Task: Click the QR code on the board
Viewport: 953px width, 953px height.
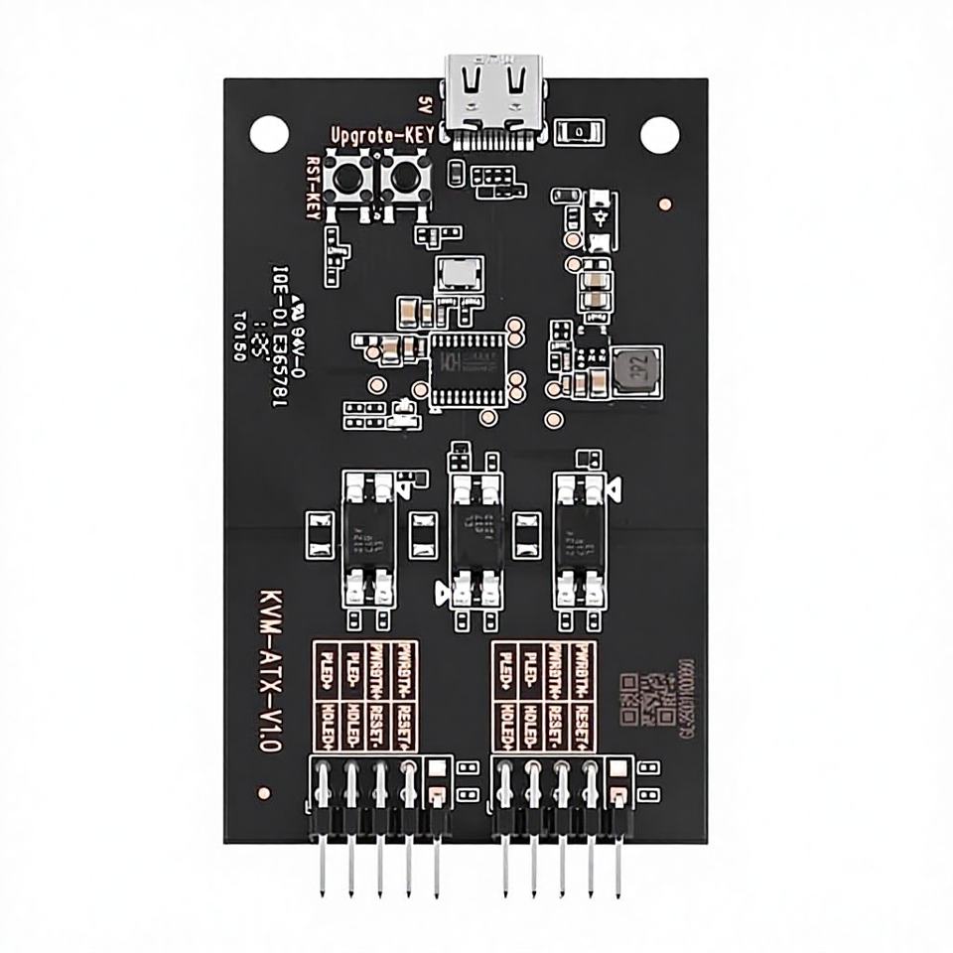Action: pos(644,699)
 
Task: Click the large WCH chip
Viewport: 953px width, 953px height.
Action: pos(467,364)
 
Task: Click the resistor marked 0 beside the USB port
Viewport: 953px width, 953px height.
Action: pos(577,130)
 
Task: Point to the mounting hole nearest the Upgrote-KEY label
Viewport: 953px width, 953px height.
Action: pos(267,131)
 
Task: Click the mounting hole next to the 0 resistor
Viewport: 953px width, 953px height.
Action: pos(656,132)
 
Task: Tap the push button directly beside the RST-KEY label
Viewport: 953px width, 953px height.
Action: pos(350,179)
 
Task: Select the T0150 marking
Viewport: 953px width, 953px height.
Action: pos(239,337)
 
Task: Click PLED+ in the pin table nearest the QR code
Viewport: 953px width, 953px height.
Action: pos(504,669)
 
